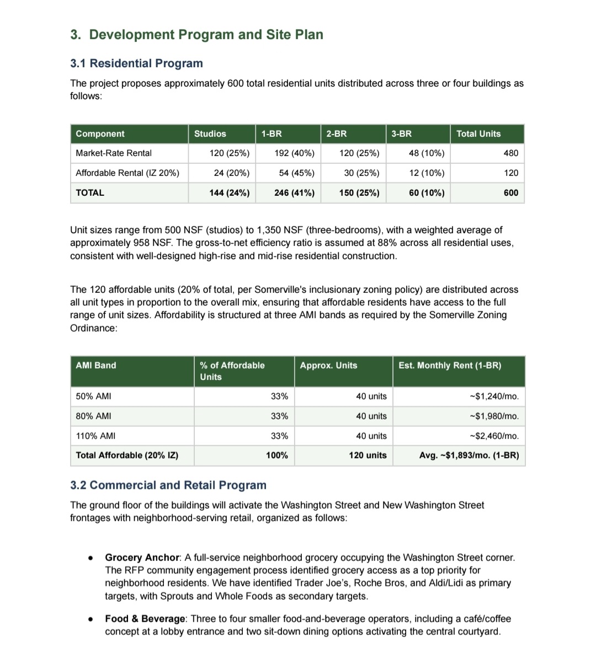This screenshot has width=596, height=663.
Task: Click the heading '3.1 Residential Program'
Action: (x=136, y=63)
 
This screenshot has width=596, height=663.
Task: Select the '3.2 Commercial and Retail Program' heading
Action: (x=168, y=485)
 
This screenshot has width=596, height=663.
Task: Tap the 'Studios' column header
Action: (x=210, y=134)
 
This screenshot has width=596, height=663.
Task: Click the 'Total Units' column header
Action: (x=478, y=134)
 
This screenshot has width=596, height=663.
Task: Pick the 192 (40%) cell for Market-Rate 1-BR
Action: (x=294, y=153)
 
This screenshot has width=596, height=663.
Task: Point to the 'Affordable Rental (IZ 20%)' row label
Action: (x=127, y=173)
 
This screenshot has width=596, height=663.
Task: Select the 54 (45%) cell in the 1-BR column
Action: (x=296, y=173)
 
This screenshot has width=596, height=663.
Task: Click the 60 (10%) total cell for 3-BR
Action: (x=426, y=193)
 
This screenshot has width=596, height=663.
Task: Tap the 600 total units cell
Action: (x=511, y=193)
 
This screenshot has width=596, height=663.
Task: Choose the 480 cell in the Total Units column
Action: (x=511, y=153)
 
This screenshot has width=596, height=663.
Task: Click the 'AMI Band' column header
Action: (x=96, y=366)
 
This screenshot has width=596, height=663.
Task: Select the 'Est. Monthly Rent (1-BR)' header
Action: (x=450, y=366)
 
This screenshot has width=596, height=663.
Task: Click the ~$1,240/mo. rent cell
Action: (x=494, y=397)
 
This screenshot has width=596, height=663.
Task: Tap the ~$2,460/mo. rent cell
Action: (x=494, y=436)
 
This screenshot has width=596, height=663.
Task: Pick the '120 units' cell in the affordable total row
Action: (x=368, y=456)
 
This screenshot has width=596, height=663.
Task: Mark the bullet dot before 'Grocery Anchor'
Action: (x=90, y=558)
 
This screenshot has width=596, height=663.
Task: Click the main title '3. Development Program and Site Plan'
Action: (x=196, y=35)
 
